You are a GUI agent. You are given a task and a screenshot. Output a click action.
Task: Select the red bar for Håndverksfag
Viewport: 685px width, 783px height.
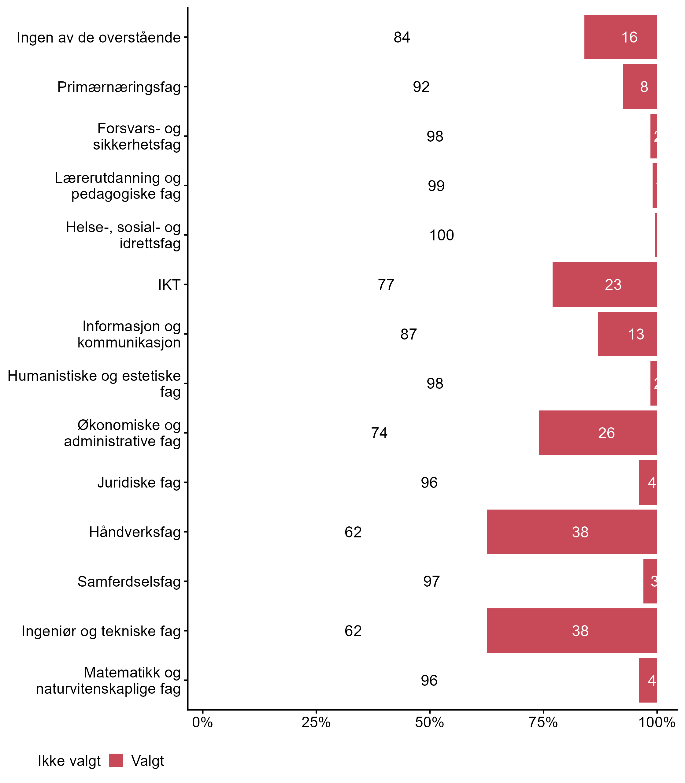pos(572,532)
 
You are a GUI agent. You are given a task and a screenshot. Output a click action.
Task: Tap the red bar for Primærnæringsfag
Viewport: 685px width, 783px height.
pos(639,87)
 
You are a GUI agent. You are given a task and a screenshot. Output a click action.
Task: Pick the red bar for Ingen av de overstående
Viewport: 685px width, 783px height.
pos(620,37)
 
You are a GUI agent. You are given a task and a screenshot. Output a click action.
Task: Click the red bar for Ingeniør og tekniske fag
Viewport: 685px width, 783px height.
pos(572,631)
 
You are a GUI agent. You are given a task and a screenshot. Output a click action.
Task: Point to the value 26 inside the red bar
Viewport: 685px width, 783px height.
pos(606,433)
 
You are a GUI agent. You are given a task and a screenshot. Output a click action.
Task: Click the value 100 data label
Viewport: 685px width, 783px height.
pos(442,235)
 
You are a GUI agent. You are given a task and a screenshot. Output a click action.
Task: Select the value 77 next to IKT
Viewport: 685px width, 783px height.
pos(386,285)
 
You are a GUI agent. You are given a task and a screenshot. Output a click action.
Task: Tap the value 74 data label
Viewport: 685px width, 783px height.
pos(379,433)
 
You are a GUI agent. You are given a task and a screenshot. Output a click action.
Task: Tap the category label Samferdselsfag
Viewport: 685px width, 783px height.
pos(129,581)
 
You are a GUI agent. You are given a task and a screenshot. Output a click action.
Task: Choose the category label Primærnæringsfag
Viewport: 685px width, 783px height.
pos(119,87)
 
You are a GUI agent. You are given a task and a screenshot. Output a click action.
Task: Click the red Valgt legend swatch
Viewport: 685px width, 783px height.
pos(116,760)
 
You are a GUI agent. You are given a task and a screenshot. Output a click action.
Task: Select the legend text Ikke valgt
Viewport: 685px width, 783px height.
pos(69,761)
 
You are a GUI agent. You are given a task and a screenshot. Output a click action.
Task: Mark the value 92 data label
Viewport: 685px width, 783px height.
pos(421,87)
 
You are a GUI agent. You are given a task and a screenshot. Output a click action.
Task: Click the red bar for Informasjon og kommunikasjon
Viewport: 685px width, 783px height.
pos(627,334)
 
